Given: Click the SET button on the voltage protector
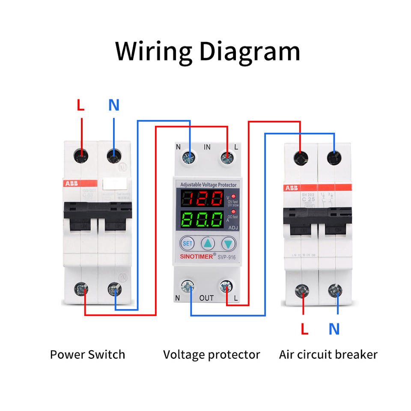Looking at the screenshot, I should (x=188, y=243).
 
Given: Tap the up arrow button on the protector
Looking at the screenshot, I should (x=208, y=243).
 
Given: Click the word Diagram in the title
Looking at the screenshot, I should (x=249, y=51).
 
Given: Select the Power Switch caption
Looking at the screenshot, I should (x=87, y=354).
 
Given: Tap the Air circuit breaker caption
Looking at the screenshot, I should (x=328, y=354).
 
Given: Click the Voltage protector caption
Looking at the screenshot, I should (x=211, y=354).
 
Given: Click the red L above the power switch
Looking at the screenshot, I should (x=80, y=105).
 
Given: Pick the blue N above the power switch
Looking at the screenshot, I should (x=113, y=105).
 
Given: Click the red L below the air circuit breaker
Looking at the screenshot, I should (x=304, y=329).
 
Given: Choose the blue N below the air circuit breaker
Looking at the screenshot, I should (x=334, y=329).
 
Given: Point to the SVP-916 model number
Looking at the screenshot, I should (x=227, y=257).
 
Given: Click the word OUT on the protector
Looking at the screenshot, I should (x=207, y=298).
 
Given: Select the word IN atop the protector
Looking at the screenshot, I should (x=207, y=147).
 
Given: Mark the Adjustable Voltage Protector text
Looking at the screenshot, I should (x=208, y=185).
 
